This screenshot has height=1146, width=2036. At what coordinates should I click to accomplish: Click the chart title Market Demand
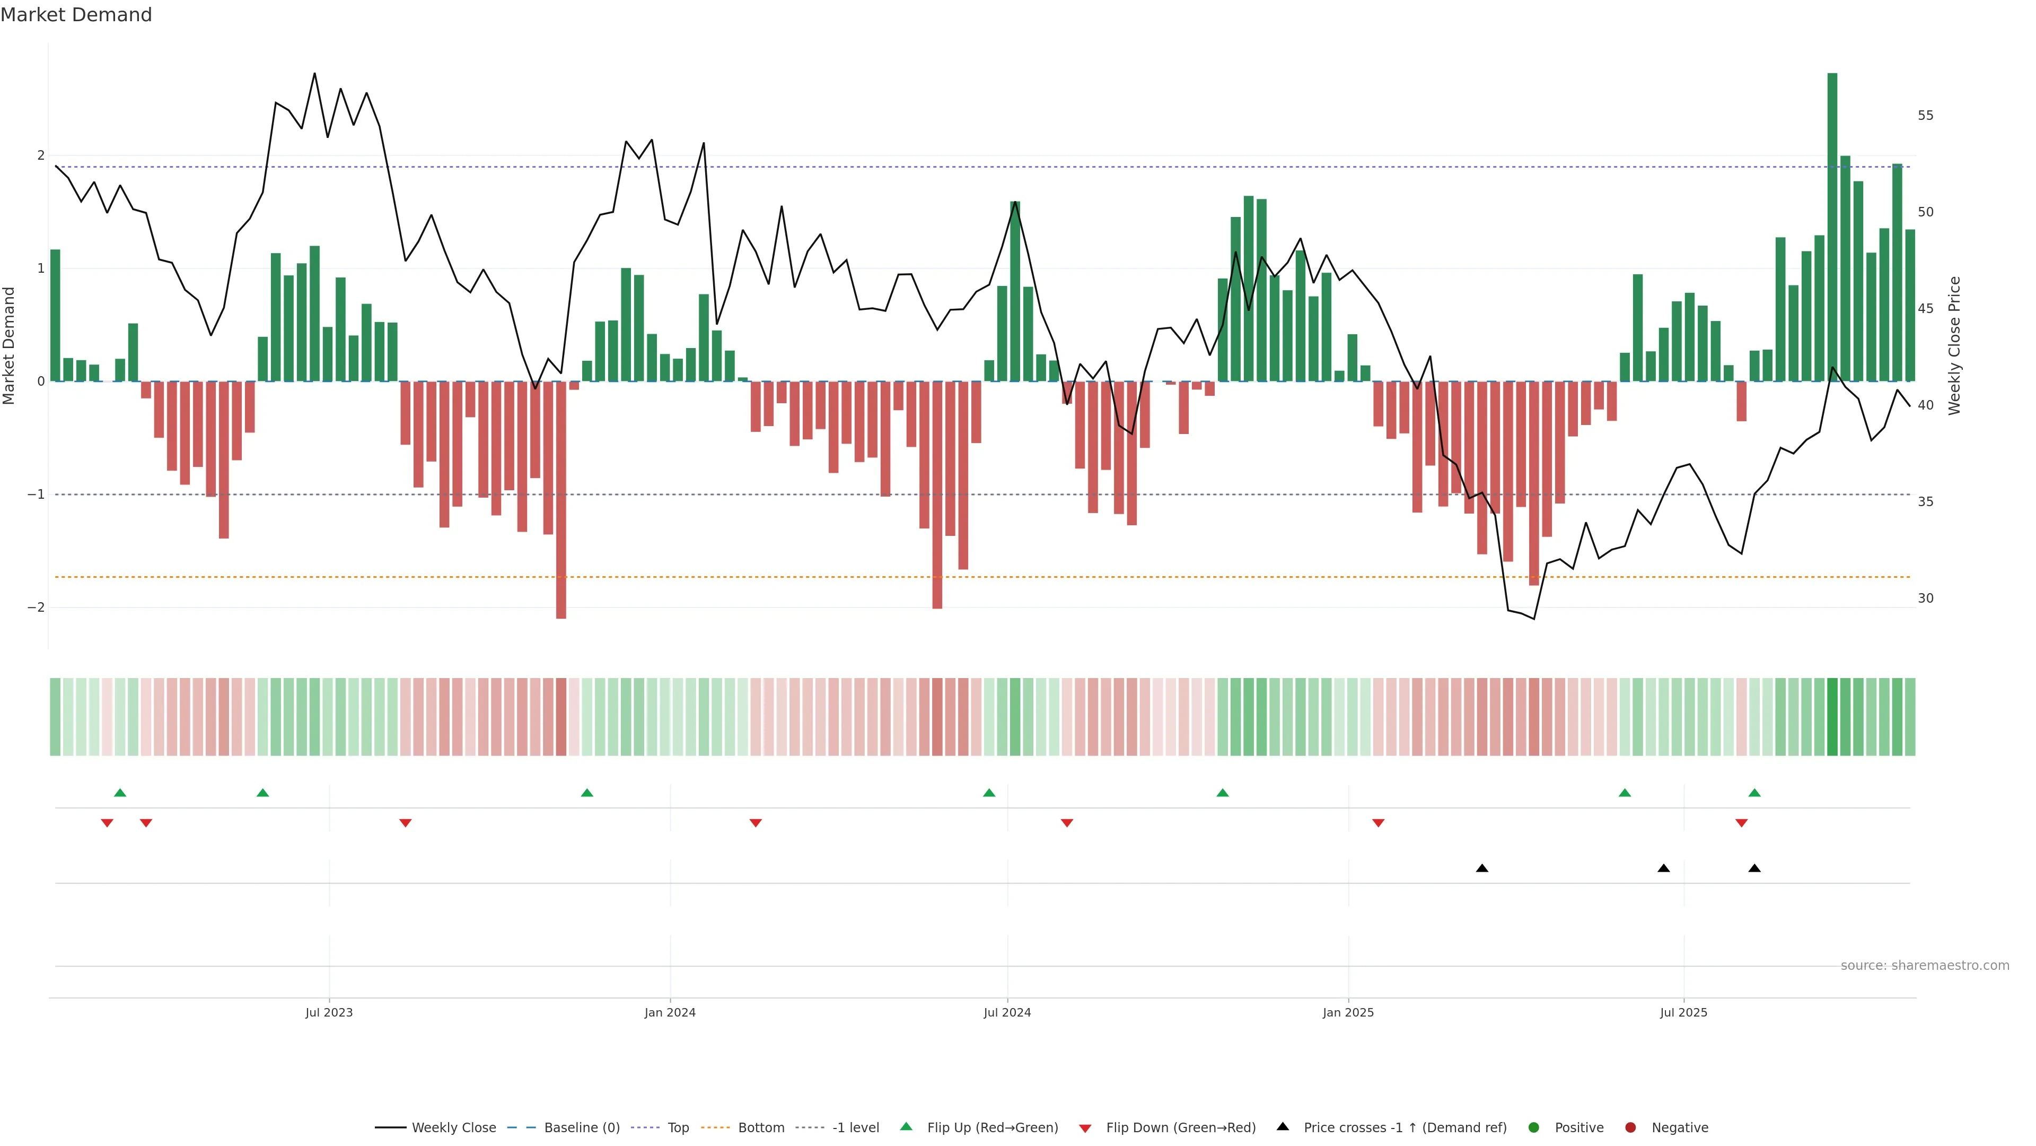[x=76, y=15]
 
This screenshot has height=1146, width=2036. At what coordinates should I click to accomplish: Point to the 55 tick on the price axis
[x=1925, y=116]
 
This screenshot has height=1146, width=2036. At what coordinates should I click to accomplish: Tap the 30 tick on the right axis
[x=1925, y=598]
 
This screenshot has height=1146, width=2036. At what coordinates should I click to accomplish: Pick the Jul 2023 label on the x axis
[x=329, y=1012]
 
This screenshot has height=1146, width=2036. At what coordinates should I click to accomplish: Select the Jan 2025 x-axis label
[x=1348, y=1012]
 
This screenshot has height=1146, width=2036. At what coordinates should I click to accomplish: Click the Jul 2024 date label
[x=1007, y=1012]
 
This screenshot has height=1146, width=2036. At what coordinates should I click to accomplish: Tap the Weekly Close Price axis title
[x=1954, y=345]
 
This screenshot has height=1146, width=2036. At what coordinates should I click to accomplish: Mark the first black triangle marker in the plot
[x=1482, y=869]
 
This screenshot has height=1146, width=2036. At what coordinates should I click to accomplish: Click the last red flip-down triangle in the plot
[x=1741, y=823]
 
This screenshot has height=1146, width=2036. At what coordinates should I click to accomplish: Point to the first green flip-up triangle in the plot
[x=120, y=793]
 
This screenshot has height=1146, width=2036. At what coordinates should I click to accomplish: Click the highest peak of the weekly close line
[x=314, y=74]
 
